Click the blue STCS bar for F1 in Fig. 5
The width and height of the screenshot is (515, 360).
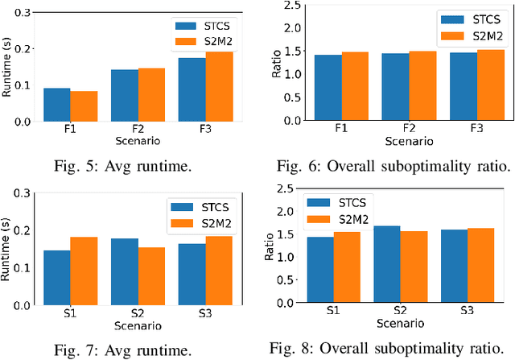click(x=57, y=105)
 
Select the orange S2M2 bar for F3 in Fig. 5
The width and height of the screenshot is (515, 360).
click(x=220, y=87)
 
